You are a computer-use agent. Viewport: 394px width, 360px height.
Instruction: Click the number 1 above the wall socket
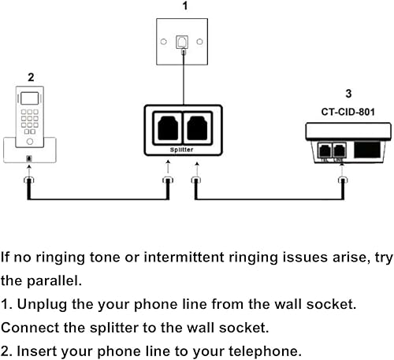184,6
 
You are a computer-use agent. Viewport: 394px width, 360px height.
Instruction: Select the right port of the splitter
201,128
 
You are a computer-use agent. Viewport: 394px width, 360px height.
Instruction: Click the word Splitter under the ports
184,148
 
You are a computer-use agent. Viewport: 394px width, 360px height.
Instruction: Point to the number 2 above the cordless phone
30,77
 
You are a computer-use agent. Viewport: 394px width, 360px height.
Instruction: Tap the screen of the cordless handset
31,100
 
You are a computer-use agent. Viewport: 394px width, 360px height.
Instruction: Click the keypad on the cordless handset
31,120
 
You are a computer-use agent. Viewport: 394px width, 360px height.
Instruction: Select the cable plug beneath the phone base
30,183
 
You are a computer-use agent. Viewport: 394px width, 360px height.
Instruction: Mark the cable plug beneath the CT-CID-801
342,183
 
